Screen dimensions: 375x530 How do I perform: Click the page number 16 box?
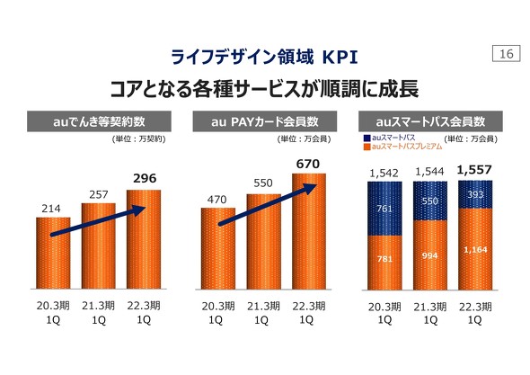point(504,56)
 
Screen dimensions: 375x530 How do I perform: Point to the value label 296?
point(143,178)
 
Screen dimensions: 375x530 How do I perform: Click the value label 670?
point(308,162)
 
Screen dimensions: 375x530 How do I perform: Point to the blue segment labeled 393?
point(474,193)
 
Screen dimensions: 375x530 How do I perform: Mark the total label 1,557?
point(474,169)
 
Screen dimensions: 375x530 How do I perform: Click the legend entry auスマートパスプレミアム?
point(407,146)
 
